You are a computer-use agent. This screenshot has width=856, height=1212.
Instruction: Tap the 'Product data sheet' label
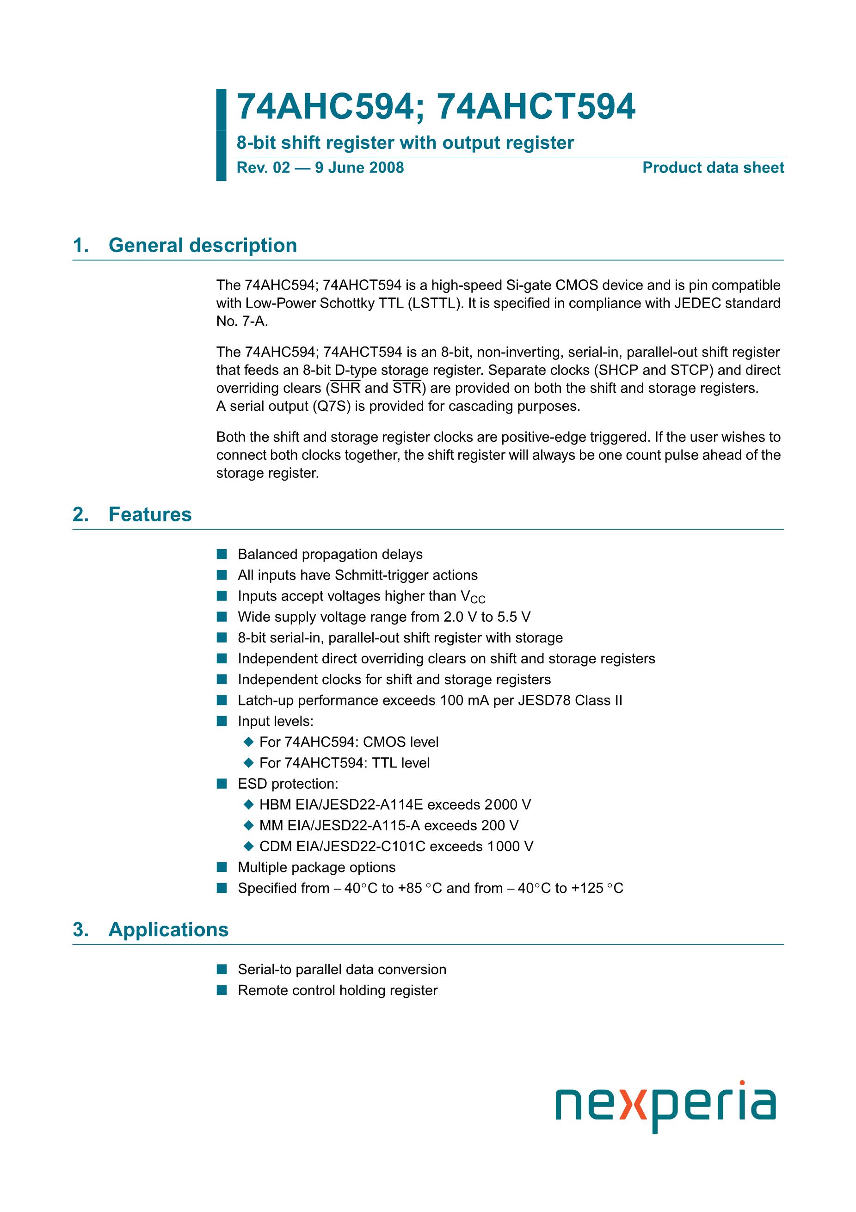713,168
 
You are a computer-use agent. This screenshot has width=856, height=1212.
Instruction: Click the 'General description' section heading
203,246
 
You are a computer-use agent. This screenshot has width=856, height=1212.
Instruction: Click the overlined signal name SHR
345,389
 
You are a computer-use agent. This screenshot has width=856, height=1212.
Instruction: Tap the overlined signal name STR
407,389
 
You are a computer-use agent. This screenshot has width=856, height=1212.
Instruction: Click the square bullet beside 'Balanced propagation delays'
222,554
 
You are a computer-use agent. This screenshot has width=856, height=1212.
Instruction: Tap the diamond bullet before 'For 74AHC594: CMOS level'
249,742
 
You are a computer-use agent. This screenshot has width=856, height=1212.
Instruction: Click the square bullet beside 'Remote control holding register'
222,990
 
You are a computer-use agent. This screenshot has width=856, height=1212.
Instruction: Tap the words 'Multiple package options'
316,867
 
